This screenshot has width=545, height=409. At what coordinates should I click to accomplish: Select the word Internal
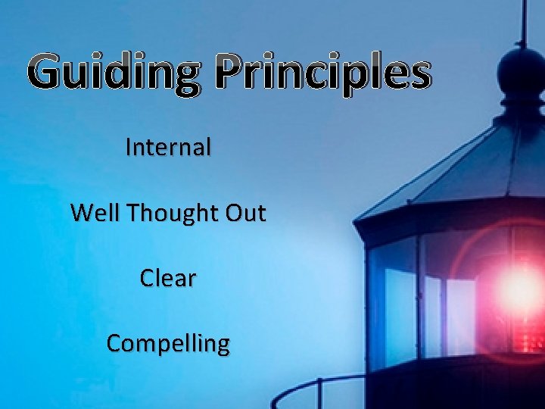pos(168,147)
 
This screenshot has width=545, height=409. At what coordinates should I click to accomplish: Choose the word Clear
pos(168,278)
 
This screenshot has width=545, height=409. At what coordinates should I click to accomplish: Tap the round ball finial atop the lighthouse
pos(522,73)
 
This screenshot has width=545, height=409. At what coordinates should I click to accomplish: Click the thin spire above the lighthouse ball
pos(522,23)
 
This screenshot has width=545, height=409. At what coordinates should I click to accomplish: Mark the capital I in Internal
pos(129,147)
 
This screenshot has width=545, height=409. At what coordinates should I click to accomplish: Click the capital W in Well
pos(81,214)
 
